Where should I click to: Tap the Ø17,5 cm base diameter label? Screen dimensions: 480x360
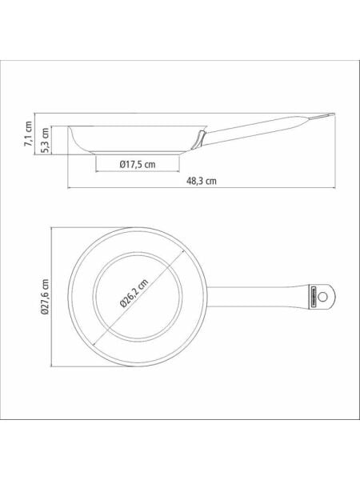(x=137, y=164)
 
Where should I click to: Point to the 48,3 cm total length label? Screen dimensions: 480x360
(x=199, y=182)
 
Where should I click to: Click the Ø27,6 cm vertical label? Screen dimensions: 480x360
(x=46, y=295)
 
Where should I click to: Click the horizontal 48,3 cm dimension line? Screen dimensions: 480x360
(x=199, y=189)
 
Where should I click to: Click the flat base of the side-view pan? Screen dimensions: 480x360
(x=137, y=153)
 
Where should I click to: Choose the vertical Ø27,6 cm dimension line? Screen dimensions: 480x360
(x=52, y=295)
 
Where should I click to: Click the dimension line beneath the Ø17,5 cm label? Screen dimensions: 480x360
(x=137, y=171)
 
